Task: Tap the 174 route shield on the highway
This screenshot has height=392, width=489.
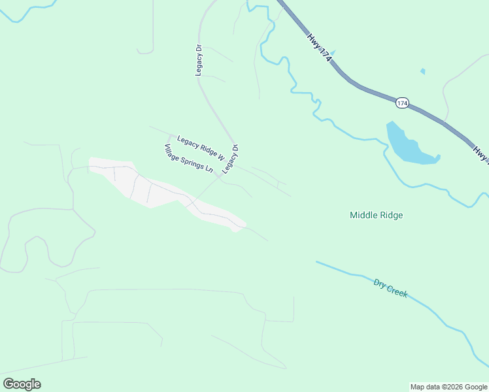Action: (402, 103)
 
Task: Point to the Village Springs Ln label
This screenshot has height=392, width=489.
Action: (188, 158)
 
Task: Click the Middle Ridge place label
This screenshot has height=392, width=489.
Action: (376, 215)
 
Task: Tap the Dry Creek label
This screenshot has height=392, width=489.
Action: (390, 288)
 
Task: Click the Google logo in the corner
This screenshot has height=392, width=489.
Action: (22, 384)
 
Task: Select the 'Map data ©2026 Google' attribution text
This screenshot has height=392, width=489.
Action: (448, 387)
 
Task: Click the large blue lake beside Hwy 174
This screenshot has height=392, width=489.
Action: (409, 145)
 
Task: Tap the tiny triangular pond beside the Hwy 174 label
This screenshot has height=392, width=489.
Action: (333, 53)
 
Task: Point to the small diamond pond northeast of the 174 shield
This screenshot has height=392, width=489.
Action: (423, 71)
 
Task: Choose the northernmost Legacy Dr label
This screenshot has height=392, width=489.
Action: (199, 60)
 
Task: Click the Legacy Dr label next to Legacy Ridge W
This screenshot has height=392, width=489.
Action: (231, 159)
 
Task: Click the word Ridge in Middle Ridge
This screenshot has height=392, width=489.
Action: (390, 215)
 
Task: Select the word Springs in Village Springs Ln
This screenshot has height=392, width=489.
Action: (192, 161)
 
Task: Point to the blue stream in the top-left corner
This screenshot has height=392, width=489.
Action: (26, 8)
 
